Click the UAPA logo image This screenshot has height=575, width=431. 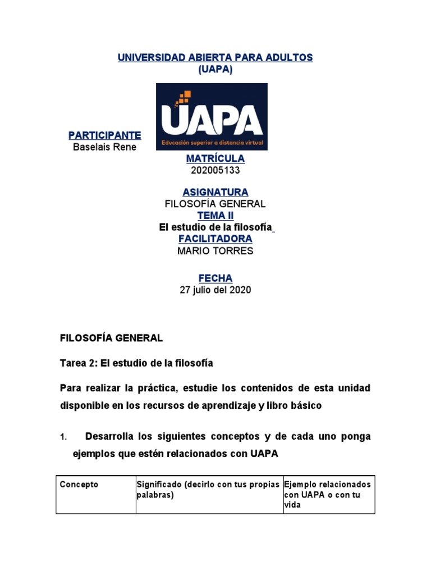(x=212, y=117)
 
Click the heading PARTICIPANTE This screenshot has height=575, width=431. (x=105, y=135)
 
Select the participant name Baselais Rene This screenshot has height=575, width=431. (x=105, y=147)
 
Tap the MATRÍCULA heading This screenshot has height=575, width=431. (x=215, y=159)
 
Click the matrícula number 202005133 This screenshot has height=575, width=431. (x=215, y=171)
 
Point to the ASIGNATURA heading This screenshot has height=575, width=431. (x=215, y=193)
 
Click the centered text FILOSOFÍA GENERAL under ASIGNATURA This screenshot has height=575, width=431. (x=215, y=204)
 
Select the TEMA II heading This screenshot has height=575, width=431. (x=215, y=216)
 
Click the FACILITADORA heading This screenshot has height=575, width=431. (x=215, y=239)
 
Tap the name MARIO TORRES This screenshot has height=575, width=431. (x=215, y=251)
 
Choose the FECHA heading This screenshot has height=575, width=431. (x=215, y=279)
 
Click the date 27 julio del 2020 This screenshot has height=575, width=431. (x=215, y=290)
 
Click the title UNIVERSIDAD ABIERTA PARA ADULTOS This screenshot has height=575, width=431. (x=215, y=58)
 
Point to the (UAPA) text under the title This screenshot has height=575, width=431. (x=215, y=69)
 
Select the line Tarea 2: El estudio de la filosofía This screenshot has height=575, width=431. (x=136, y=363)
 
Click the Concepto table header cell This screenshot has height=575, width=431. (x=79, y=484)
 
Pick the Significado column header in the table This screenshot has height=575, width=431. (x=208, y=489)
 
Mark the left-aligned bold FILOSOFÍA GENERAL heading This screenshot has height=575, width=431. (x=111, y=338)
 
